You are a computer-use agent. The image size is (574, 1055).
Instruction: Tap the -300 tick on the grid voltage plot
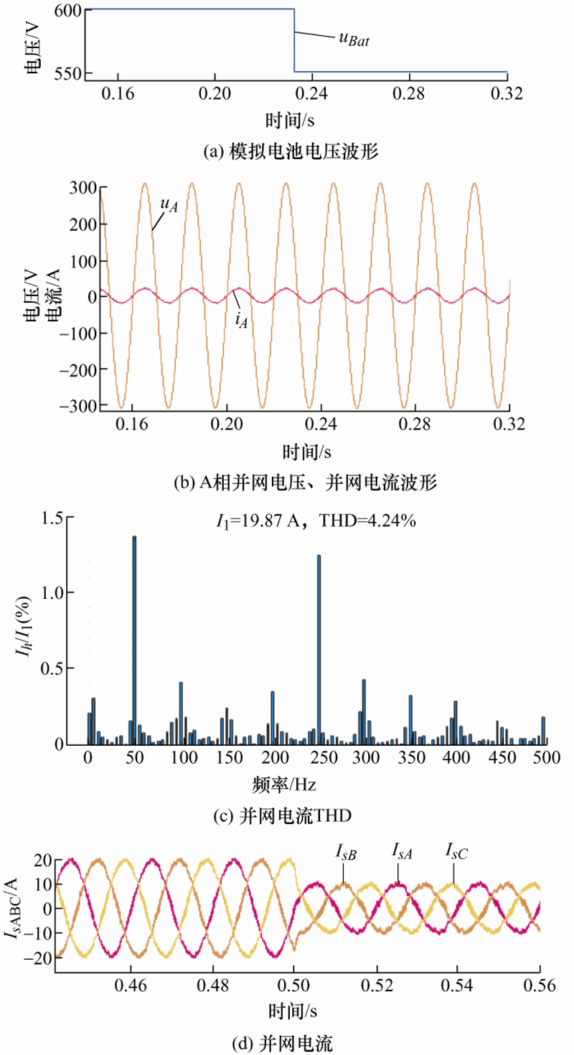[78, 407]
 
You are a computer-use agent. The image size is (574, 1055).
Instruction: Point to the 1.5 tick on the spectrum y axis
[55, 517]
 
